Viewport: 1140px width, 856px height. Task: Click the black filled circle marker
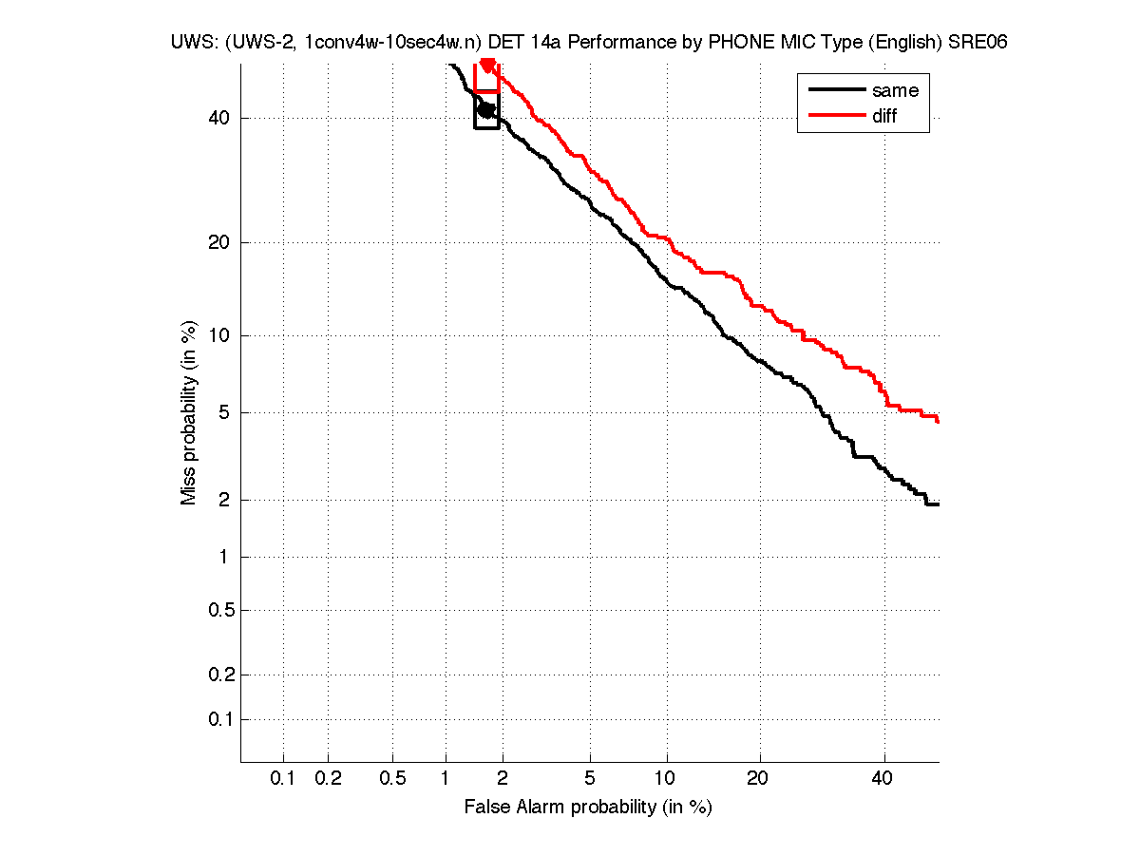point(486,110)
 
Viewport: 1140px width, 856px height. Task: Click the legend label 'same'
point(895,90)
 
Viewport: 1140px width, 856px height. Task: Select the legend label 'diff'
point(884,116)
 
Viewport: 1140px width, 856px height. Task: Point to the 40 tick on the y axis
point(218,118)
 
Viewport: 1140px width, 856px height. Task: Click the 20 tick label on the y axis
point(218,242)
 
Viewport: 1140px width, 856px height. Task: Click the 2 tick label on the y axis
point(223,500)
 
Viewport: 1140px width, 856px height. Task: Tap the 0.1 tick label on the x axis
point(283,779)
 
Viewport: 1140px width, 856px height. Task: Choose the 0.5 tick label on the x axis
point(392,779)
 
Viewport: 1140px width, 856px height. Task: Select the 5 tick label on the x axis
point(590,779)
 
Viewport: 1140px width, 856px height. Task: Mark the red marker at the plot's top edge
point(487,65)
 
